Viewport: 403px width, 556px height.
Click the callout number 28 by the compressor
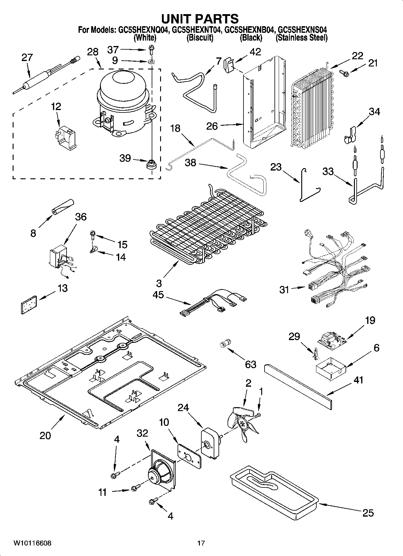93,52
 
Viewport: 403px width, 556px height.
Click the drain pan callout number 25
368,512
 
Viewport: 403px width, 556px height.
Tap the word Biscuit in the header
200,38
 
